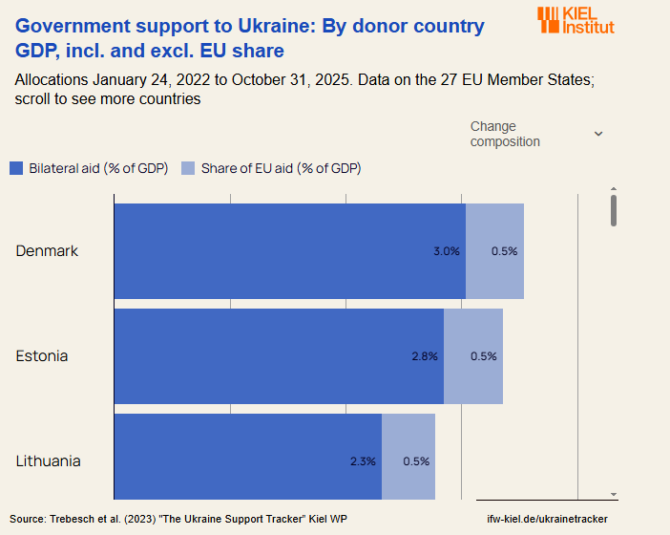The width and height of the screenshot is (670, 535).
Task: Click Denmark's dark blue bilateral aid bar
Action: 286,251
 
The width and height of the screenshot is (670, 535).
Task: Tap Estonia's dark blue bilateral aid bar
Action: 277,356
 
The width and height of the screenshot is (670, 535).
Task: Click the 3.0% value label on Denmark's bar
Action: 447,251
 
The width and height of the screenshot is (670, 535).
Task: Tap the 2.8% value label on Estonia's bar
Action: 425,356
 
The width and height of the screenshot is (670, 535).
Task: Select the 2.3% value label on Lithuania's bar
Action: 363,461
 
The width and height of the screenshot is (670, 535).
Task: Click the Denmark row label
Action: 47,251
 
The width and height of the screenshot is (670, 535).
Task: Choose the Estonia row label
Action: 42,356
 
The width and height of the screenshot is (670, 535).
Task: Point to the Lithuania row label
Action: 48,461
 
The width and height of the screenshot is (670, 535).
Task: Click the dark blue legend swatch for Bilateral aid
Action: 16,169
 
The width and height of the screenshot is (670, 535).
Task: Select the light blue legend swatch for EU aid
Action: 188,169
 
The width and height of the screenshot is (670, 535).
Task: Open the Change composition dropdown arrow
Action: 598,134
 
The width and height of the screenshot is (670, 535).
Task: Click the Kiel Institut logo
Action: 576,20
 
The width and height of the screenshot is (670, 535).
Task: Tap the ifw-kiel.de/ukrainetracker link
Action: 547,519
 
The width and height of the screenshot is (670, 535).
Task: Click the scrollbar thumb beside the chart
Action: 614,210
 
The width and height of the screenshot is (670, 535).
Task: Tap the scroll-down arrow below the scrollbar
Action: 614,495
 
